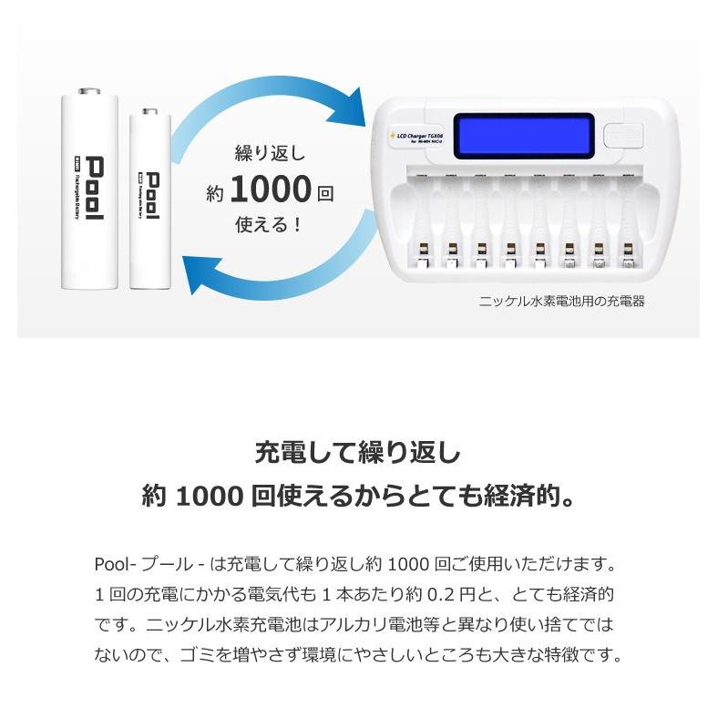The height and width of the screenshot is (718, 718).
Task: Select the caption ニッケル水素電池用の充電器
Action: [562, 301]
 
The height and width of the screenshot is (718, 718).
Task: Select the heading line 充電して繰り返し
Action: [359, 453]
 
